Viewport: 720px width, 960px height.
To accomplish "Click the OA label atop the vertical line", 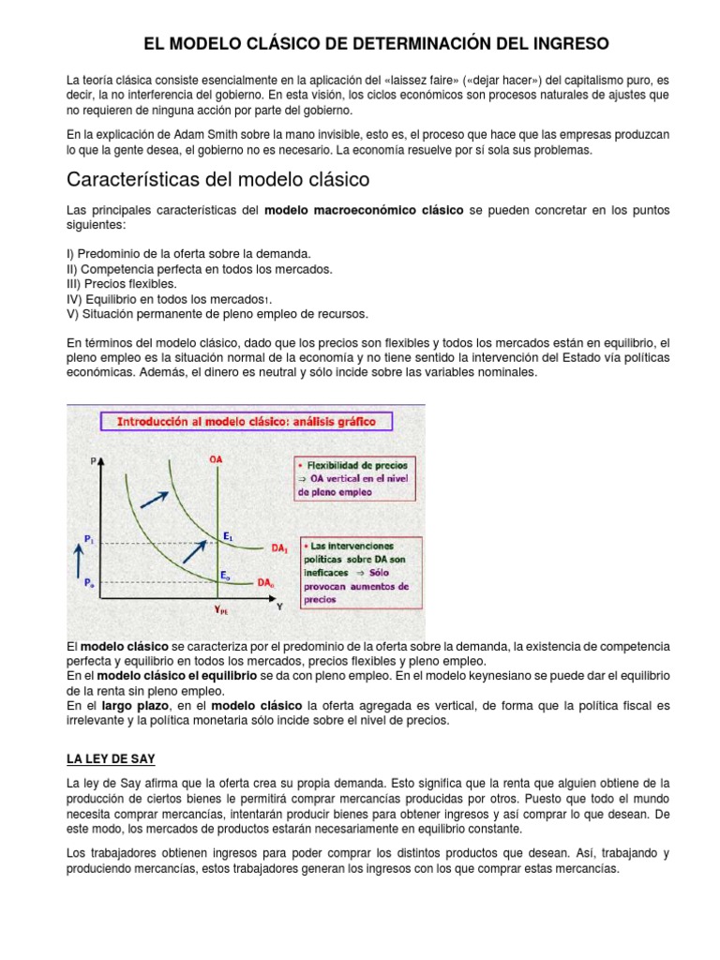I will pos(217,459).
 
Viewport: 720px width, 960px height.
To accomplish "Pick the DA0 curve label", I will pos(267,581).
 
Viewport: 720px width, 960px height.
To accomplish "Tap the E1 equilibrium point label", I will pos(228,534).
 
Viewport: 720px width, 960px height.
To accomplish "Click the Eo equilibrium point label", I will pos(225,574).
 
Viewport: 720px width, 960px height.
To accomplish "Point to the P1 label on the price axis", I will pos(88,540).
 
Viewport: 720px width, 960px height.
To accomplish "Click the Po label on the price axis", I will pos(88,582).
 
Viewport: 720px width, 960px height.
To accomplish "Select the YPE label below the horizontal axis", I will pos(219,608).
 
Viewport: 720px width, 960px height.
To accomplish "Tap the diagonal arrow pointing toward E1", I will pos(195,551).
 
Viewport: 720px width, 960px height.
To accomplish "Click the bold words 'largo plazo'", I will pos(132,704).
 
